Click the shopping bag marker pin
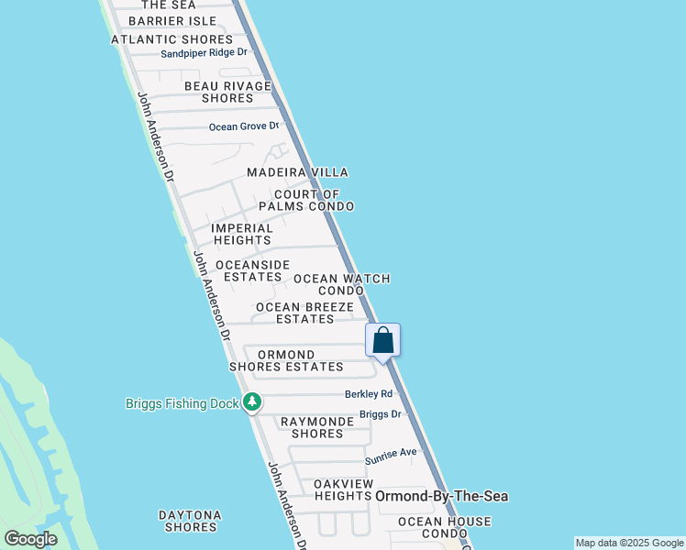[x=383, y=341]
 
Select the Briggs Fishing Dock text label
[x=182, y=403]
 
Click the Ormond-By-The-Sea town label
[x=442, y=496]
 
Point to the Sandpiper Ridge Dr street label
[x=205, y=53]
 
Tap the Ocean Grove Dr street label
[x=243, y=126]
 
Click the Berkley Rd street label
[x=368, y=394]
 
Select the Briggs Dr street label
[x=381, y=414]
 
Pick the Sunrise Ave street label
[x=391, y=452]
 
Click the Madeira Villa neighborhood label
[x=297, y=172]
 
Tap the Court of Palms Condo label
[x=306, y=201]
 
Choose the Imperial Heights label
[x=242, y=235]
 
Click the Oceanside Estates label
[x=252, y=270]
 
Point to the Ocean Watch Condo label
[x=341, y=284]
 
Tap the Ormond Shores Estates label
[x=286, y=361]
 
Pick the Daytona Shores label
[x=189, y=521]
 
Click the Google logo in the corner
[x=30, y=539]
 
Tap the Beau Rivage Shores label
[x=227, y=92]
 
